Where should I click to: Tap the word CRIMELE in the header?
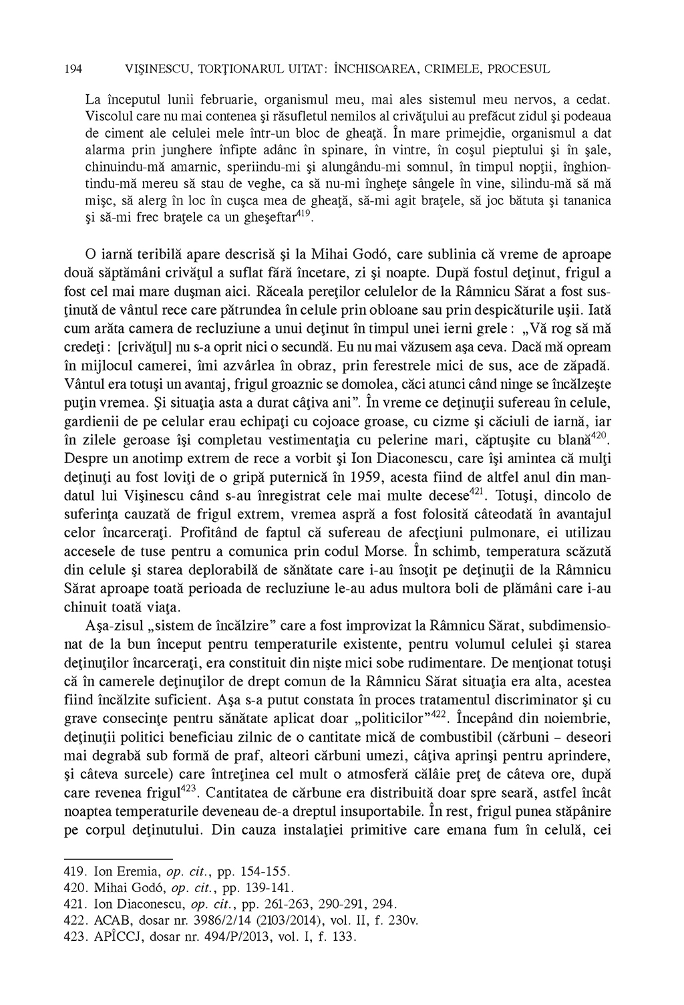tap(450, 68)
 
